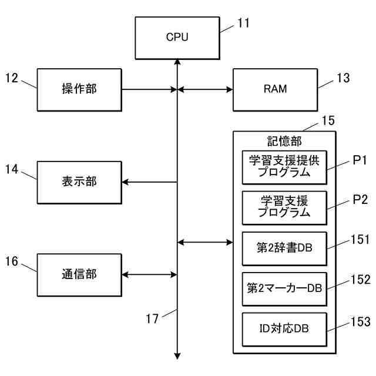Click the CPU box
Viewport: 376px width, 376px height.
[177, 38]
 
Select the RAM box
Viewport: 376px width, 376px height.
[276, 90]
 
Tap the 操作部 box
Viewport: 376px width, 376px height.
[79, 90]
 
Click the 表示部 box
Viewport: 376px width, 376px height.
[79, 183]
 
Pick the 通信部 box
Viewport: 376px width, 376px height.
[79, 275]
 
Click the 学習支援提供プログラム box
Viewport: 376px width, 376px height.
[284, 167]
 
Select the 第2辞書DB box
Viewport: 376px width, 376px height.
[284, 249]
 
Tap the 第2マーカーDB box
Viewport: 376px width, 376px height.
[284, 289]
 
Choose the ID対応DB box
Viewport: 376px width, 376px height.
[284, 329]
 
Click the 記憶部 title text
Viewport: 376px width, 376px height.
[284, 141]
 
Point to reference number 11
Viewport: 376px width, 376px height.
[243, 23]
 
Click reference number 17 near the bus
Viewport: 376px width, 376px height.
[152, 318]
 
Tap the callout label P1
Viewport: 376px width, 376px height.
[360, 160]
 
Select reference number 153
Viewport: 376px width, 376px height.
[360, 321]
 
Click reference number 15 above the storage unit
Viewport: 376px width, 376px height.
[328, 120]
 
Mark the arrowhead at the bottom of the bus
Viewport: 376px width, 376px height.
[177, 356]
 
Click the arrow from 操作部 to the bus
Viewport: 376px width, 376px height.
[149, 90]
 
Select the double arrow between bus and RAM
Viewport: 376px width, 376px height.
[205, 90]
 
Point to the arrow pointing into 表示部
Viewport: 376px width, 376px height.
[149, 182]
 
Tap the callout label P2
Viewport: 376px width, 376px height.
[360, 200]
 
